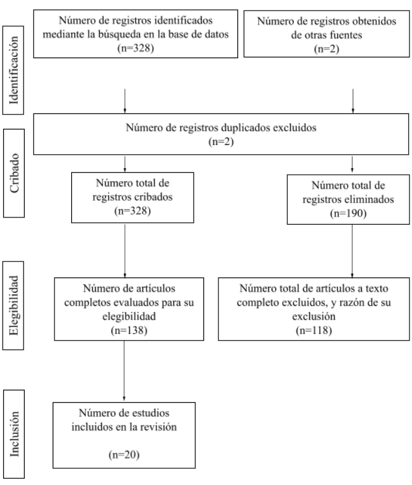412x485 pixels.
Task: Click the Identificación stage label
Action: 14,70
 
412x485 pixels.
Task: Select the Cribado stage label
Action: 14,173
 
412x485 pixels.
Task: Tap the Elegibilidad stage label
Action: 14,305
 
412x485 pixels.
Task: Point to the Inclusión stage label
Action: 14,434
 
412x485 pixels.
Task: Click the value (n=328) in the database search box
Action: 135,48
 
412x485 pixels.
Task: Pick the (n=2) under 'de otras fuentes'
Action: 327,49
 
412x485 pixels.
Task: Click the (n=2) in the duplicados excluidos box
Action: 221,141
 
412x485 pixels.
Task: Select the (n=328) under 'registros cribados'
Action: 132,211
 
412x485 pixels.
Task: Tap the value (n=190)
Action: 348,213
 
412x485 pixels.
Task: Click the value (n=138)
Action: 129,330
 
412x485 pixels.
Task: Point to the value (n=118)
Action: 314,330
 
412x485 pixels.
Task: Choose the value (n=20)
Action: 124,455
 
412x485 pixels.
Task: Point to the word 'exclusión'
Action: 314,316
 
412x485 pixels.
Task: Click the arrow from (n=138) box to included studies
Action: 124,370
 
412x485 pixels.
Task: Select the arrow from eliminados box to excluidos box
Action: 352,251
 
